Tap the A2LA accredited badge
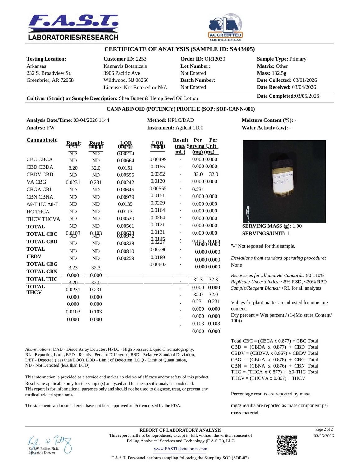click(x=225, y=27)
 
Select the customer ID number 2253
click(x=141, y=59)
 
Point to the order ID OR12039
click(x=215, y=59)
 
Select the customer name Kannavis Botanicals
click(x=125, y=66)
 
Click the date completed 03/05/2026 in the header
click(x=307, y=96)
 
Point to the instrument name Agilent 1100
click(x=189, y=128)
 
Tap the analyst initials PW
click(x=51, y=128)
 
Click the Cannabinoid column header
click(x=42, y=140)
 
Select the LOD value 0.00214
click(x=125, y=153)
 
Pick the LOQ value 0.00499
click(x=158, y=159)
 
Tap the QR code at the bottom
click(x=286, y=445)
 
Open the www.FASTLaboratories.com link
click(x=180, y=449)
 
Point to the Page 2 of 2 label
click(x=324, y=429)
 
